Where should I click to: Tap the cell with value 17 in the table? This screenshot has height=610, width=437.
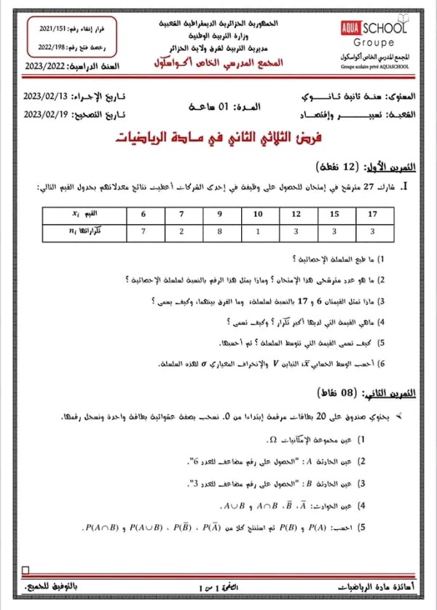(372, 214)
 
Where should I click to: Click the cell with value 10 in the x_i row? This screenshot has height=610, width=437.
(257, 214)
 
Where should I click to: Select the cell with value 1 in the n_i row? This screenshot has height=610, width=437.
(257, 232)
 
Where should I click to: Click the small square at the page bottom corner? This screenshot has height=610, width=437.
(26, 570)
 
